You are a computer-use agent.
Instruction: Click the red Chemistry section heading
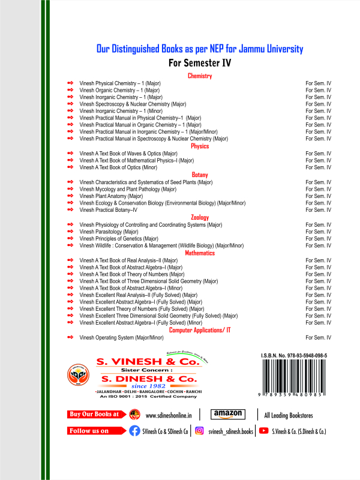200,76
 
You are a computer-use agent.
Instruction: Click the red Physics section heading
200,146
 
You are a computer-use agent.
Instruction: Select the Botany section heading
200,175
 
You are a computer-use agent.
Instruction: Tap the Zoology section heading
200,217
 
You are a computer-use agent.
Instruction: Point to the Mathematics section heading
200,253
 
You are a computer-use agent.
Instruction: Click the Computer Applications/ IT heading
200,331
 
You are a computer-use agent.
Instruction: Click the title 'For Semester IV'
200,62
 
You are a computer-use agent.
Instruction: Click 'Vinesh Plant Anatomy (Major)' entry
111,196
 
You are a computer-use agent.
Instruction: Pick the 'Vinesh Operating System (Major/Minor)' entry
121,338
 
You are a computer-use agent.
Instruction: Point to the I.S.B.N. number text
294,356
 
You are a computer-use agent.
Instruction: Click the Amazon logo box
228,414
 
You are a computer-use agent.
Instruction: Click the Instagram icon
200,431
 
